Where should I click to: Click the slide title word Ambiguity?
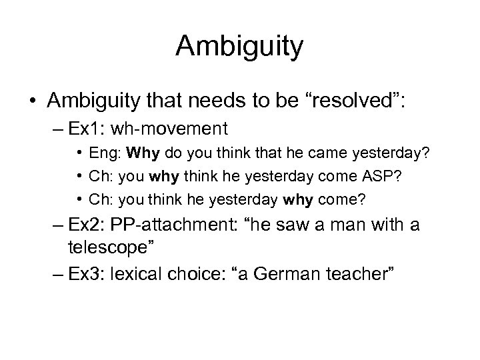tap(240, 47)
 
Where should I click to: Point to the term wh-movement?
tap(181, 127)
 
